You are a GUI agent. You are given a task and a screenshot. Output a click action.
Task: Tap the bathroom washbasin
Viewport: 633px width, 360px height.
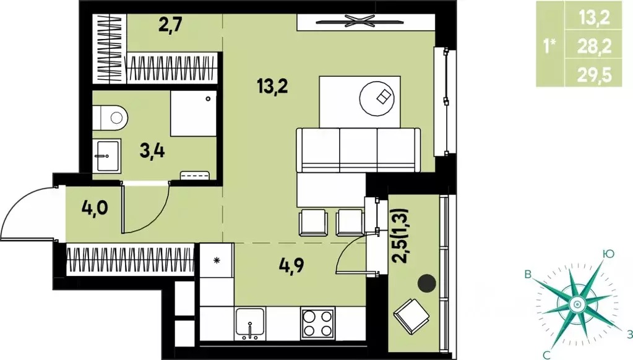107,155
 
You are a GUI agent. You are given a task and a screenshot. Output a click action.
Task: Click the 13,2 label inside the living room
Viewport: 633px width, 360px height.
272,86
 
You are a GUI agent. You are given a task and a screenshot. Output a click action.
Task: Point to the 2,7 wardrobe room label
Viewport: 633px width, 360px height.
170,25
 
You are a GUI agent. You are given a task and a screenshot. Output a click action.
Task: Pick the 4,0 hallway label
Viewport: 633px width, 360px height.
95,208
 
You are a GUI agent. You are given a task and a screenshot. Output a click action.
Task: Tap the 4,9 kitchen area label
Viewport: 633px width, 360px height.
291,265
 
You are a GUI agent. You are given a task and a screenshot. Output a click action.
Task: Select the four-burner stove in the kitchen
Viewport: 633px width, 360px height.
317,323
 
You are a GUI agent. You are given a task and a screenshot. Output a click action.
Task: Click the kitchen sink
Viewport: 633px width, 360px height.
251,324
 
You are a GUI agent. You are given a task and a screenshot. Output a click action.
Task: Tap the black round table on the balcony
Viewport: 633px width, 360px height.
427,283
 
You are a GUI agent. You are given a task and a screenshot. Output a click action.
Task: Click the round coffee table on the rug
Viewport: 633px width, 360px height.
377,98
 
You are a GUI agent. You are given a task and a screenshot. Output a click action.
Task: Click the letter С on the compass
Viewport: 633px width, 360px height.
546,354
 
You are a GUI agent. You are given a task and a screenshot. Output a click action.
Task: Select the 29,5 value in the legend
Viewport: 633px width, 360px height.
594,75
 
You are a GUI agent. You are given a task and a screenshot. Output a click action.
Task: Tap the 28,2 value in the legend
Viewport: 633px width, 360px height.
594,47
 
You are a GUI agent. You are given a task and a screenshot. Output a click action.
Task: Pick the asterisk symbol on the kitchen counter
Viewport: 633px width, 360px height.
217,260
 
